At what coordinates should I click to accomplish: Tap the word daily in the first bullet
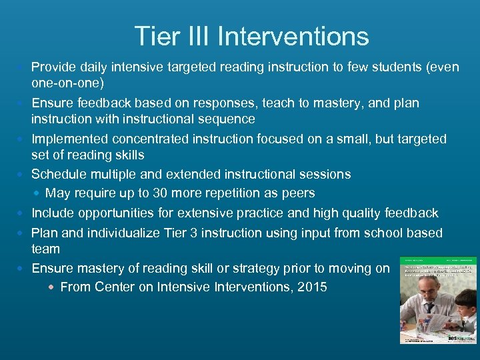(x=92, y=67)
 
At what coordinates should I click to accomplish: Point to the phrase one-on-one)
(x=67, y=83)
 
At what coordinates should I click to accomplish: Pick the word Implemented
(x=71, y=139)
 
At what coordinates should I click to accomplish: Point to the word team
(x=45, y=249)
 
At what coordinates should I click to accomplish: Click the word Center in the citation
(x=115, y=287)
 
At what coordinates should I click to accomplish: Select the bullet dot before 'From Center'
(x=51, y=288)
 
